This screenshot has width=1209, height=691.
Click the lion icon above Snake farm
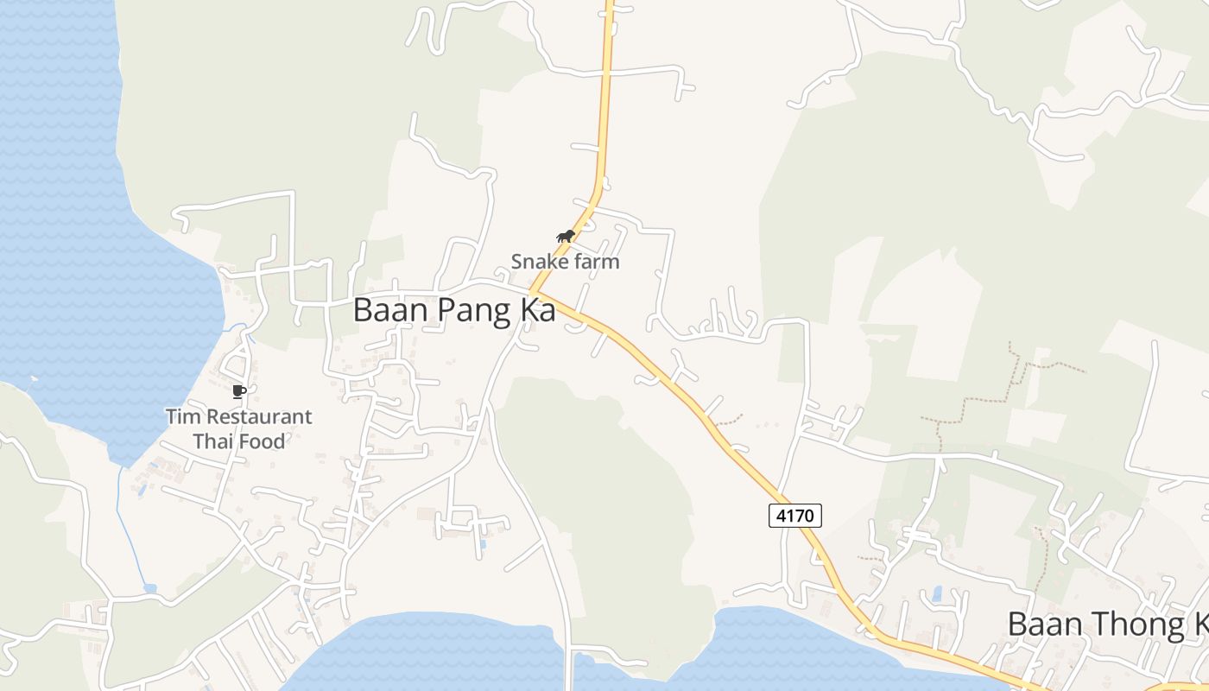[x=566, y=237]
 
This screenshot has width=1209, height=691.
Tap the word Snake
[x=536, y=261]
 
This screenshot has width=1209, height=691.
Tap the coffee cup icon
[x=239, y=392]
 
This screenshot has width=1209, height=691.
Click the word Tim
[x=182, y=416]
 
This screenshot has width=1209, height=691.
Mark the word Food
[x=261, y=441]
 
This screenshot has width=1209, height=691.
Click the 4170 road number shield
[x=794, y=516]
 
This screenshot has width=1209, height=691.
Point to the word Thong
[x=1124, y=624]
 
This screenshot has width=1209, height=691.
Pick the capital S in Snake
[x=517, y=261]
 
